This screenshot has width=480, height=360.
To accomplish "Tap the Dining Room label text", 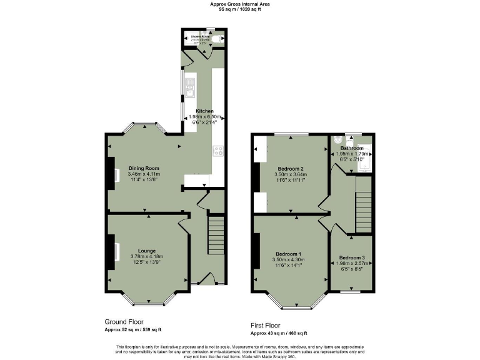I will [x=144, y=168].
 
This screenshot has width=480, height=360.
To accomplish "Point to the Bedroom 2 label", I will [x=290, y=169].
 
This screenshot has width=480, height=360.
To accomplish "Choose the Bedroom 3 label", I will [x=352, y=257].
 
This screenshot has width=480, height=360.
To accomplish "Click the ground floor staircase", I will [x=216, y=234].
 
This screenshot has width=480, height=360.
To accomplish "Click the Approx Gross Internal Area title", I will [x=240, y=4].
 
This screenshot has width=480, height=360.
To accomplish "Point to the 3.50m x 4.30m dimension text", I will [x=288, y=260].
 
